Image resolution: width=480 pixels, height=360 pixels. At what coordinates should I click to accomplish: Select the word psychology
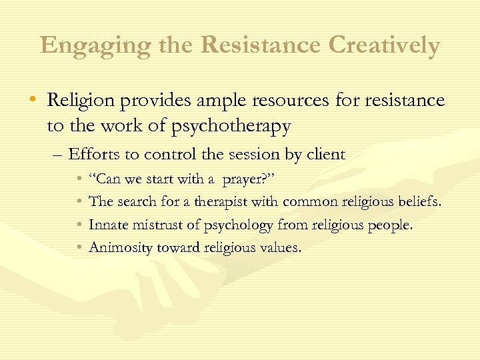[240, 225]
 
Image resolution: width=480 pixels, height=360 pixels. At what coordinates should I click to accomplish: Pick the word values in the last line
[281, 248]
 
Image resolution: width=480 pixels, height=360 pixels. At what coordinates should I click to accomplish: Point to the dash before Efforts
[57, 155]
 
